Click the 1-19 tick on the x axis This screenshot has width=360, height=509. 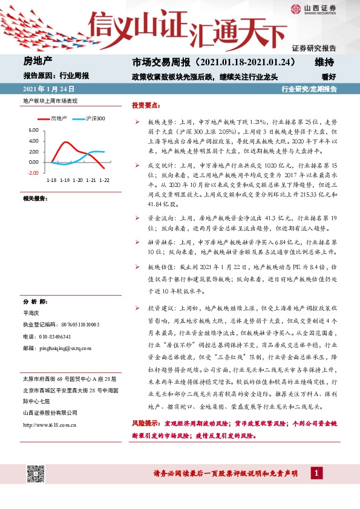(x=65, y=180)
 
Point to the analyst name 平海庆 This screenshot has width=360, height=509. (x=31, y=313)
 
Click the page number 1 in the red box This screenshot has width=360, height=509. (x=317, y=473)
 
